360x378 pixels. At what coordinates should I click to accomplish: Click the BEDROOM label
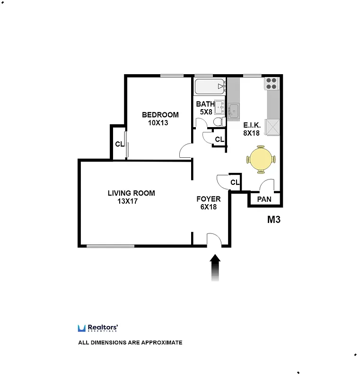160,115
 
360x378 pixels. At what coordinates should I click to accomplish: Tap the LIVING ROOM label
131,193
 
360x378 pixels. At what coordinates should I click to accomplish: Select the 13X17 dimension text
127,201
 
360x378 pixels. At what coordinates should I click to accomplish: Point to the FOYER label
209,199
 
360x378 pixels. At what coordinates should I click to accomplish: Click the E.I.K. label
252,125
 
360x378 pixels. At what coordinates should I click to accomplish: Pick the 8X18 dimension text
252,133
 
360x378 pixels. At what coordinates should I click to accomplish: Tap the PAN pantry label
264,199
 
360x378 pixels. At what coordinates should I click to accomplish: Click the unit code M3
274,220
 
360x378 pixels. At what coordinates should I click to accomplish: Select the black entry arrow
215,266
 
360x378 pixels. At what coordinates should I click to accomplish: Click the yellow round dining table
260,159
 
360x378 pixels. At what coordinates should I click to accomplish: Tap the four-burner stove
271,84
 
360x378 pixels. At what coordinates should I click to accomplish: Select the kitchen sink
233,111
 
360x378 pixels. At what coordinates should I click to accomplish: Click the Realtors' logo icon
81,328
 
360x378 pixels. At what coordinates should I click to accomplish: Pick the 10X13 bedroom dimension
158,123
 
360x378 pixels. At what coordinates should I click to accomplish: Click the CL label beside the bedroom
119,144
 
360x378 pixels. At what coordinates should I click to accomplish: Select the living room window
110,246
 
